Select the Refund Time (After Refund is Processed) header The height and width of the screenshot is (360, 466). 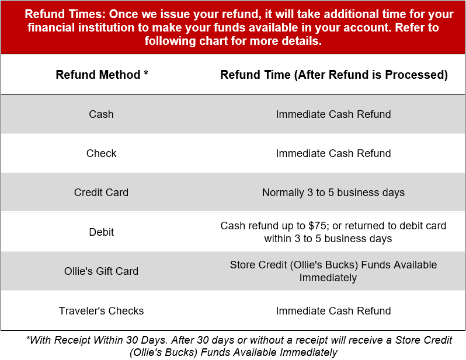[x=333, y=75]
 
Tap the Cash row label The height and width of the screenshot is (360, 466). [x=101, y=114]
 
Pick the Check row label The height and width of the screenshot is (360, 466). [x=101, y=153]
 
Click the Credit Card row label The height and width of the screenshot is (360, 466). [x=101, y=193]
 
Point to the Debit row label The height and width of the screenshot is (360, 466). [x=101, y=232]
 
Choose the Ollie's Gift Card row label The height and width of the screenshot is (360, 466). [x=101, y=271]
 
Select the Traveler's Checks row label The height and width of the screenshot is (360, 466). [x=101, y=311]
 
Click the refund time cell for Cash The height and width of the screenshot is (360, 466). [x=333, y=114]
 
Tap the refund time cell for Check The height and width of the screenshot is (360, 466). [x=333, y=153]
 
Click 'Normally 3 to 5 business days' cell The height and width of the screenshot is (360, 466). [x=333, y=193]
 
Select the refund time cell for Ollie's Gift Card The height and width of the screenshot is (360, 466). [x=333, y=271]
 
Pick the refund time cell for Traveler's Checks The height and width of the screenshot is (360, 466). [x=333, y=311]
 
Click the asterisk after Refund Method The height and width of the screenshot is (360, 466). [x=145, y=74]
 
